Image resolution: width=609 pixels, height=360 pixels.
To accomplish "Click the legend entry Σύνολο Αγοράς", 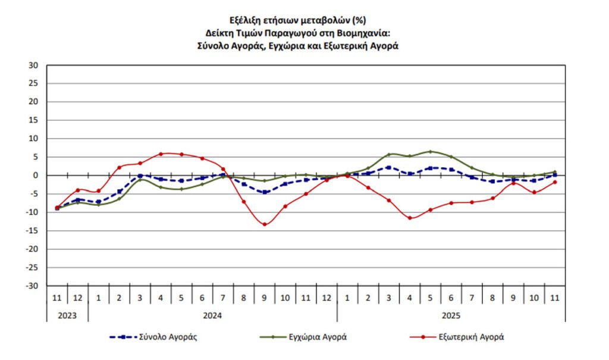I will [153, 337].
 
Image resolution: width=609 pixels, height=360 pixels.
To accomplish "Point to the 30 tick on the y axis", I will [34, 65].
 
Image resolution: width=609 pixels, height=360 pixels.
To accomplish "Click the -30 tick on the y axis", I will [32, 286].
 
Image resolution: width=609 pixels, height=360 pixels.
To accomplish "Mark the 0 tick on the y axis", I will [36, 176].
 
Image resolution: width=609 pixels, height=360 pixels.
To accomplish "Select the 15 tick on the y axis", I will [34, 120].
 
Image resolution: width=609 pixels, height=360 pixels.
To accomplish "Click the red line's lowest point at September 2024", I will [264, 224].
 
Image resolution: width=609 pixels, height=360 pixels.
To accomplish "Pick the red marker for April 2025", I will [409, 218].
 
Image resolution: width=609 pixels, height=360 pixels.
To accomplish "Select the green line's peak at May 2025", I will [430, 151].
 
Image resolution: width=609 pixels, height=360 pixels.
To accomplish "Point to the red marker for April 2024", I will [161, 154].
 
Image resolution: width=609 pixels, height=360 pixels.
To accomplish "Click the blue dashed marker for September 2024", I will [264, 192].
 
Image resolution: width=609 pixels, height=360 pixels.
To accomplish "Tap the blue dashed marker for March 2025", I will [388, 167].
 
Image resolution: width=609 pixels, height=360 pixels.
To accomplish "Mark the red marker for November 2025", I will [554, 182].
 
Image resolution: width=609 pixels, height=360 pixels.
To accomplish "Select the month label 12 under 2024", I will [327, 297].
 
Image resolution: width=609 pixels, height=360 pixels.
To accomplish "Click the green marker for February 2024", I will [119, 198].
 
